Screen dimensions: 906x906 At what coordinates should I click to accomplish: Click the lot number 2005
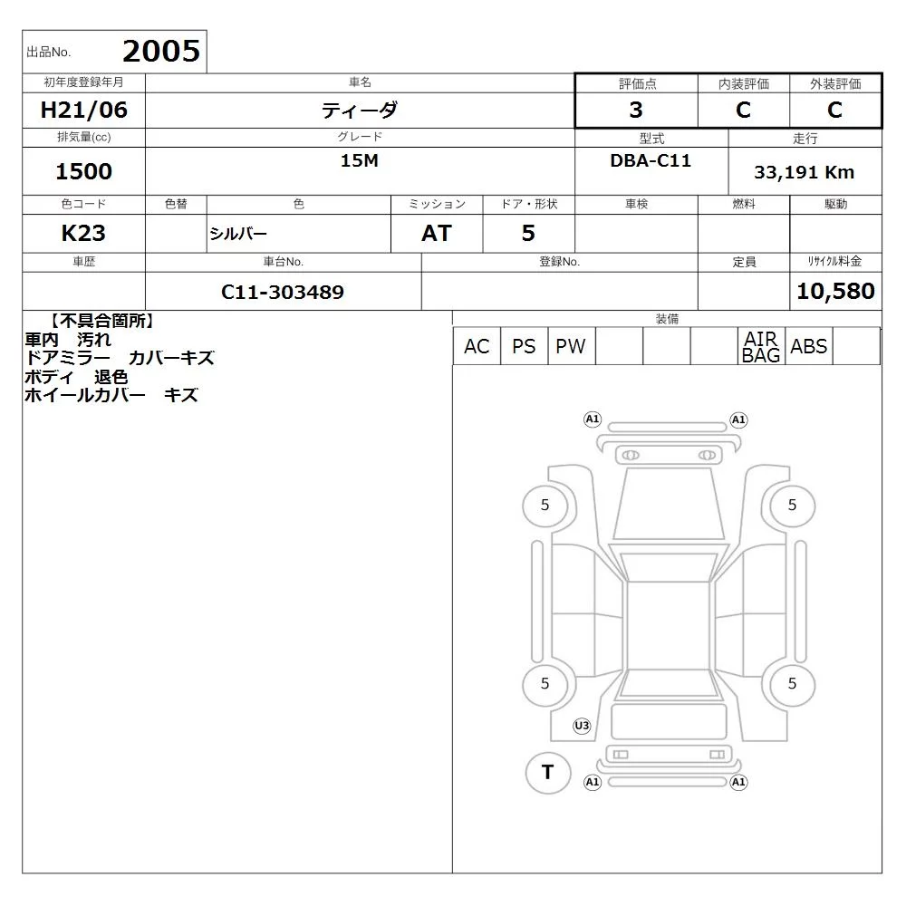[161, 51]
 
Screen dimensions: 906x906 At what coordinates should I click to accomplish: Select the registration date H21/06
[83, 110]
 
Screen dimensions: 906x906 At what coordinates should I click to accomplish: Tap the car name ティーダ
[360, 110]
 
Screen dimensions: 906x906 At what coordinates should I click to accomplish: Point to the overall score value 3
[636, 110]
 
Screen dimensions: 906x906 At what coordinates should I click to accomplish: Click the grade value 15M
[360, 160]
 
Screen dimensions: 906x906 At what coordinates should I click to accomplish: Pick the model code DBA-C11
[651, 160]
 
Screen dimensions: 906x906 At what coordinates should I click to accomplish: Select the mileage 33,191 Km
[804, 172]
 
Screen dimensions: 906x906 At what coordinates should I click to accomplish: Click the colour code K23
[83, 234]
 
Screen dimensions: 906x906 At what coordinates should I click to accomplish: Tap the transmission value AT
[437, 234]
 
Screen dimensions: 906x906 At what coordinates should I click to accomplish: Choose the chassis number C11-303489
[283, 292]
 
